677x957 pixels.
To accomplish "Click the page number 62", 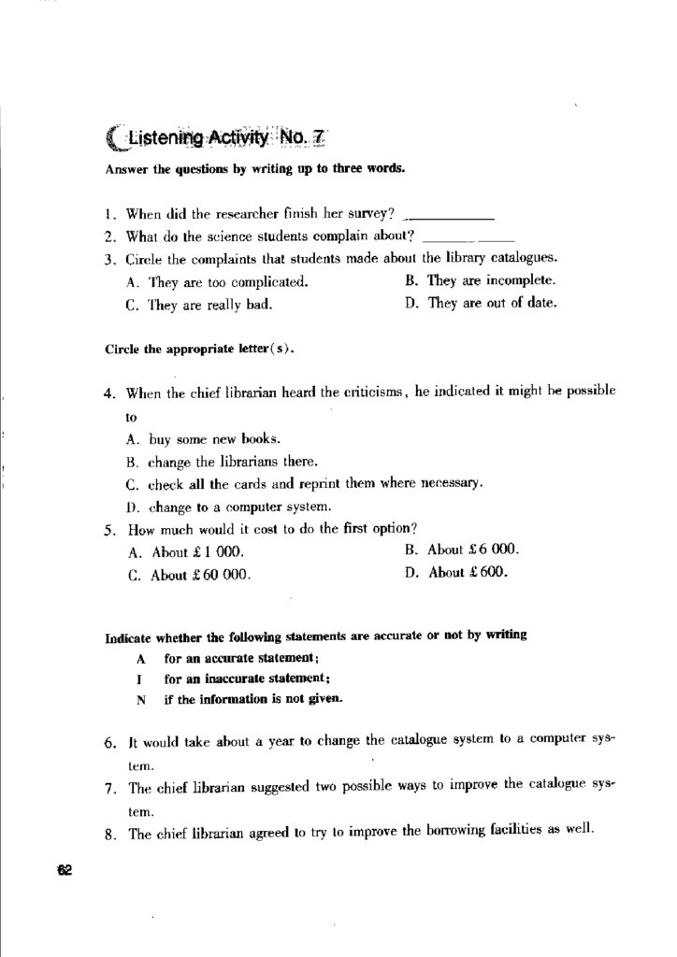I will (64, 870).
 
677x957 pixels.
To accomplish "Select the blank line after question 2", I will (475, 236).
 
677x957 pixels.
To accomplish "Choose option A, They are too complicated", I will (216, 281).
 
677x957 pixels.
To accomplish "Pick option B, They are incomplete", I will (482, 279).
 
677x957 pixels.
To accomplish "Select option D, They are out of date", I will (482, 303).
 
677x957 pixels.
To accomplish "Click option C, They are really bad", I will (199, 305).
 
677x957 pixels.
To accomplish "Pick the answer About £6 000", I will (462, 550).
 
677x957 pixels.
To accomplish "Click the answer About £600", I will (457, 573).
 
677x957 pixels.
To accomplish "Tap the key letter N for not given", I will (140, 698).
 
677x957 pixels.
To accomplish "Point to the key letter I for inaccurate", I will (139, 678).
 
